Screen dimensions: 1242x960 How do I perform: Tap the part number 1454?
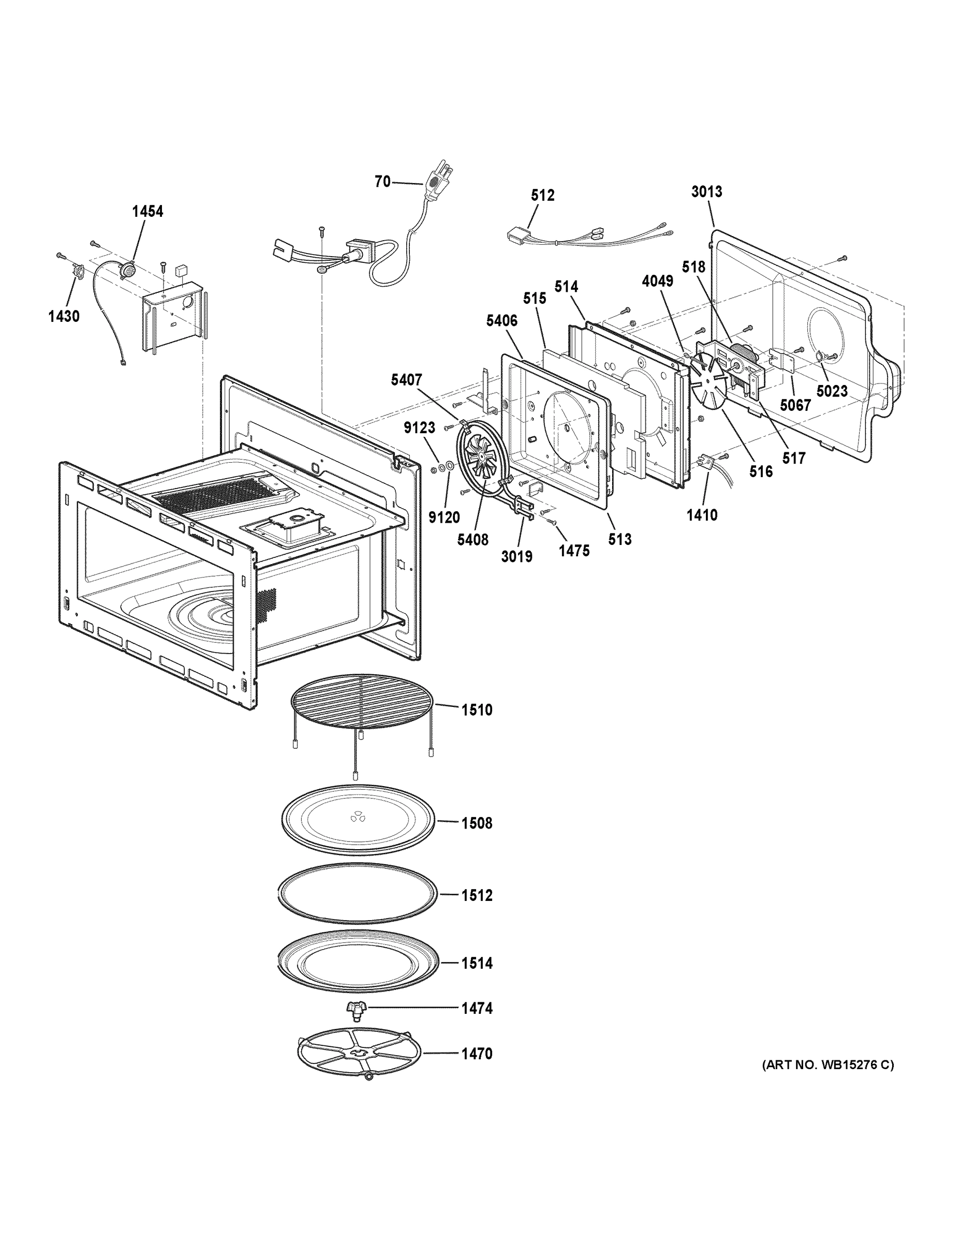pyautogui.click(x=147, y=212)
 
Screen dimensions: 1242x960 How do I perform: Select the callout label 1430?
pyautogui.click(x=64, y=316)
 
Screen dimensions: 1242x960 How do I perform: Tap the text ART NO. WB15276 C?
pyautogui.click(x=828, y=1064)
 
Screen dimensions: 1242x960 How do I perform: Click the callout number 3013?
pyautogui.click(x=706, y=191)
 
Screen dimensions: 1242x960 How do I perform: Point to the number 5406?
pyautogui.click(x=501, y=321)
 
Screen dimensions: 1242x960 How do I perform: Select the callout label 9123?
pyautogui.click(x=419, y=428)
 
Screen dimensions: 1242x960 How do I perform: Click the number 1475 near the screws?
pyautogui.click(x=573, y=551)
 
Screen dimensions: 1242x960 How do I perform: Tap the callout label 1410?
pyautogui.click(x=701, y=515)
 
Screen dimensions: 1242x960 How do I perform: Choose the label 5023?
pyautogui.click(x=832, y=391)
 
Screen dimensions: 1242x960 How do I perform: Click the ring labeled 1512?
pyautogui.click(x=358, y=895)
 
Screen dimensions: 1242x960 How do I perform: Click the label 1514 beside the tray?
pyautogui.click(x=476, y=964)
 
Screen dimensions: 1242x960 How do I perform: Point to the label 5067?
pyautogui.click(x=794, y=405)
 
